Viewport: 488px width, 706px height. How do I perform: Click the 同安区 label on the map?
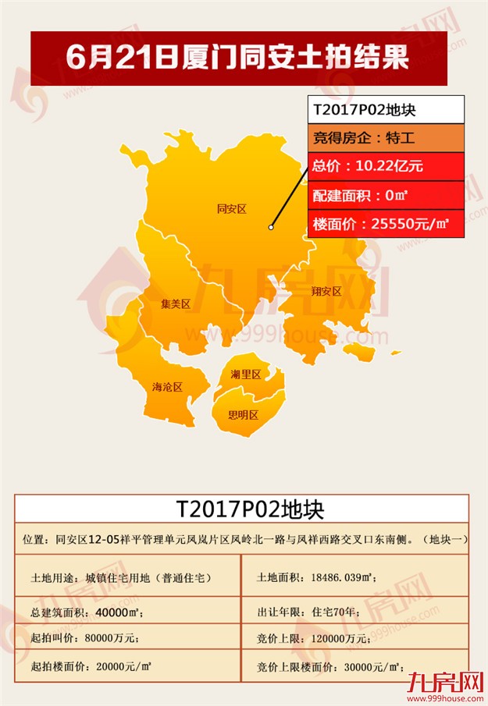tap(231, 209)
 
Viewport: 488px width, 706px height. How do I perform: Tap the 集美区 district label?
tap(176, 304)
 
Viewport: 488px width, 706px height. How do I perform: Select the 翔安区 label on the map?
tap(326, 292)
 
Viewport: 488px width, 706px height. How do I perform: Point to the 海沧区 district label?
tap(167, 387)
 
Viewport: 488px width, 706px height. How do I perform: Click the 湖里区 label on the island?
tap(245, 374)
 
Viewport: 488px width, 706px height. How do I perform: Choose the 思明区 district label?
tap(243, 415)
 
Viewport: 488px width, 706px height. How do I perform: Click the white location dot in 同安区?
tap(271, 227)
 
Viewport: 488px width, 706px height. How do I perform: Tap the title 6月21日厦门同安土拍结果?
tap(238, 58)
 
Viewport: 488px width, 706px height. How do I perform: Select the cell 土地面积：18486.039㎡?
tap(317, 578)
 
